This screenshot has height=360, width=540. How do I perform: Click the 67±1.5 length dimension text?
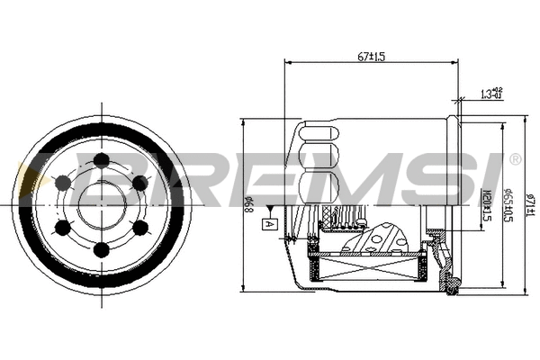point(370,56)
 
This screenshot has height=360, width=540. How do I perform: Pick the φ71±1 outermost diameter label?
point(530,199)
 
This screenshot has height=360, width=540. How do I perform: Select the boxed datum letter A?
point(267,222)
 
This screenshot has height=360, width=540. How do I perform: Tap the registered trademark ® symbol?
point(515,159)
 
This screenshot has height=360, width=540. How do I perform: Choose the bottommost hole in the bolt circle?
point(101,248)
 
